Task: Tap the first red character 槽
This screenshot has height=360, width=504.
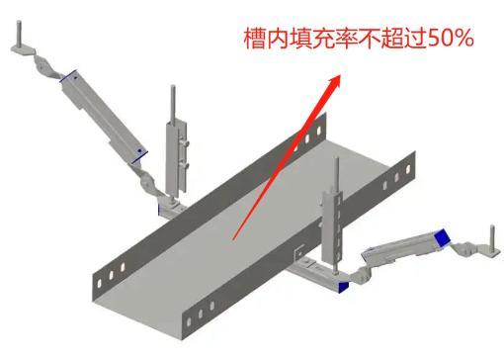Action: [256, 40]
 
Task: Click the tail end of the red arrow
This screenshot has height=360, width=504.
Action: [234, 237]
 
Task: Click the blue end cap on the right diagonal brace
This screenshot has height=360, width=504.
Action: [442, 236]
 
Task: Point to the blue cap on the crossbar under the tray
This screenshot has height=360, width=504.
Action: [342, 287]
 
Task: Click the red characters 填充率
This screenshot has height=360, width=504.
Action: [317, 40]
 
